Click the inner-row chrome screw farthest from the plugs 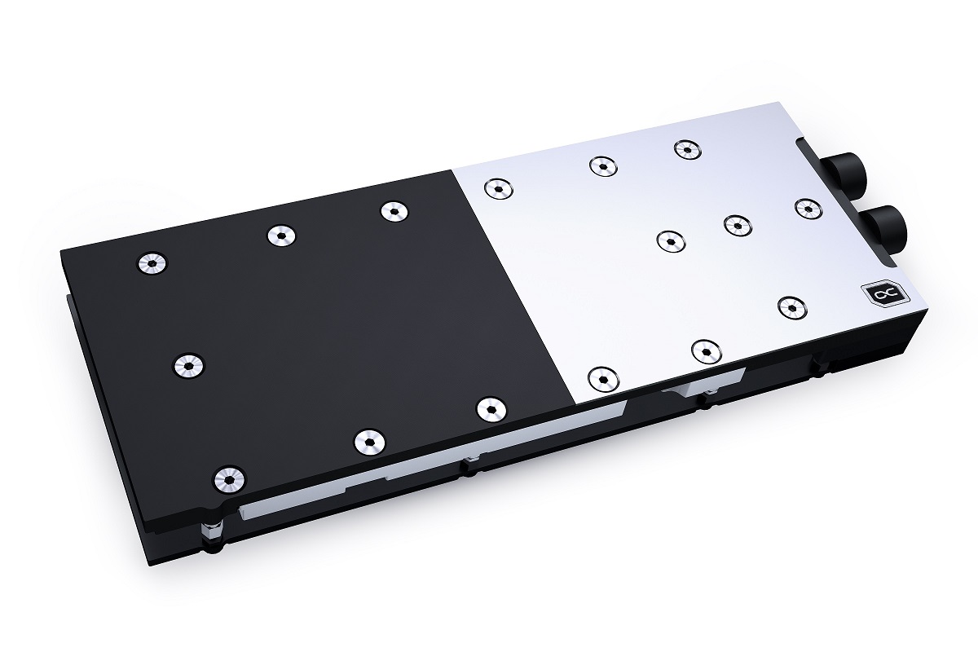668,240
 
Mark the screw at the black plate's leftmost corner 152,262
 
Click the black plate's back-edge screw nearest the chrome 394,211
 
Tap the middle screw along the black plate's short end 188,366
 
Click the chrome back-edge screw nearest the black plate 496,189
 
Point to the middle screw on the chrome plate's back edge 602,166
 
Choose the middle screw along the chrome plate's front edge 705,350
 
